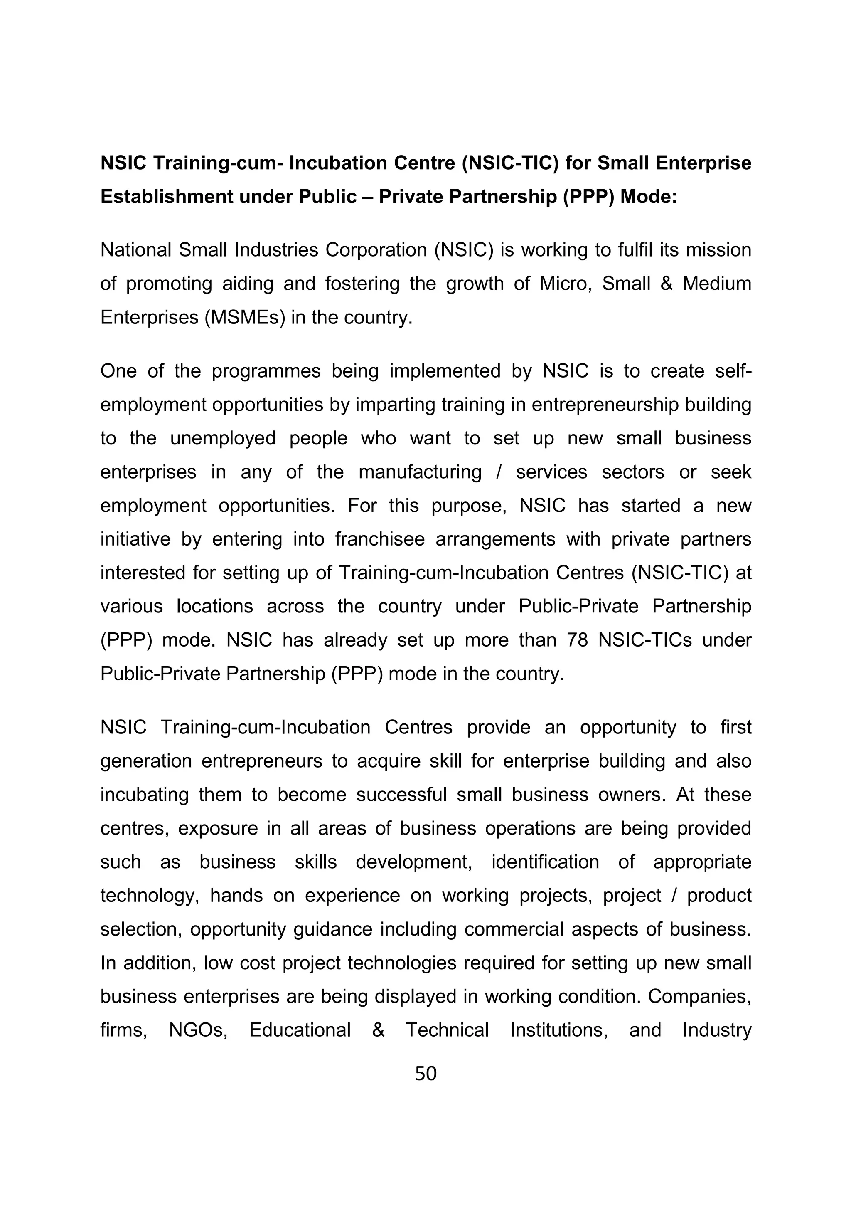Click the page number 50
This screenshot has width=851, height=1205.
tap(425, 1074)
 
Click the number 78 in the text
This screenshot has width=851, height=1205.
tap(577, 640)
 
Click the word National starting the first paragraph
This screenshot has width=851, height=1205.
tap(136, 250)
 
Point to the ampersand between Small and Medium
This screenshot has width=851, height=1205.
tap(667, 284)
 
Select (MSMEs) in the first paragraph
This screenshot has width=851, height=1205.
tap(245, 318)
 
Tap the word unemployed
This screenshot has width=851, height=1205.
tap(223, 438)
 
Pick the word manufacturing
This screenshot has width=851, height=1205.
tap(420, 472)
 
